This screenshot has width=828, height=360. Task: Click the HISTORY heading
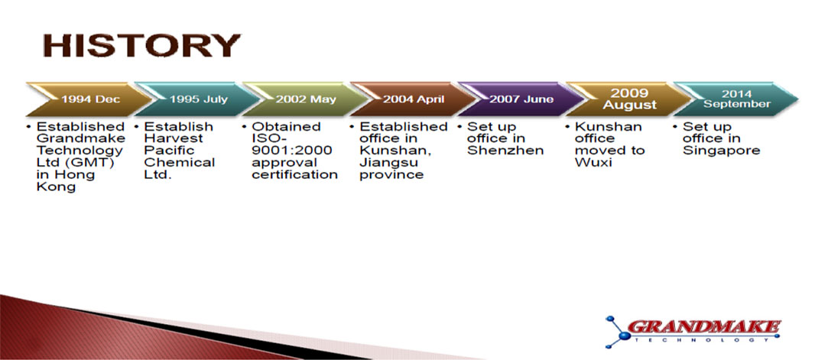click(141, 45)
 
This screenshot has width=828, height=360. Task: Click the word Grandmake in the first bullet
click(81, 138)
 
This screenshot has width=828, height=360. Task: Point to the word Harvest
click(174, 138)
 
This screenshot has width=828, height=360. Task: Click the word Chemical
click(180, 162)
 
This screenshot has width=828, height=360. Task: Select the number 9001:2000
click(292, 151)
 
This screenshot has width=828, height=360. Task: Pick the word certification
click(294, 175)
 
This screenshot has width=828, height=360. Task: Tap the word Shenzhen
click(505, 151)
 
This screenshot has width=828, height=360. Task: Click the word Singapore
click(721, 151)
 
